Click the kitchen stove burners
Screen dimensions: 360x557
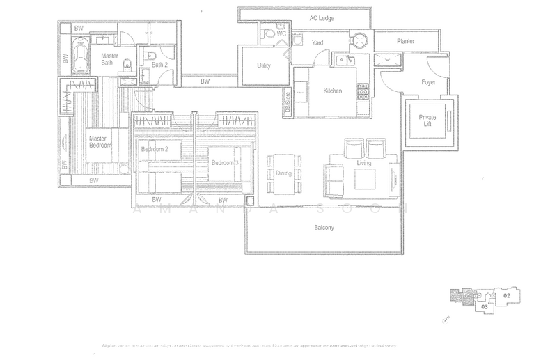click(363, 91)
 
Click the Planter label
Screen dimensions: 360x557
click(406, 42)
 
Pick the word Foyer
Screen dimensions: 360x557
click(428, 81)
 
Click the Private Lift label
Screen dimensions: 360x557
click(427, 121)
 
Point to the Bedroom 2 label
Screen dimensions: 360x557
click(155, 150)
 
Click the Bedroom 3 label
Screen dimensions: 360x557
click(225, 163)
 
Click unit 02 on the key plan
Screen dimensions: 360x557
click(507, 296)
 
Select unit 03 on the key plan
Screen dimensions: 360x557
click(484, 306)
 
